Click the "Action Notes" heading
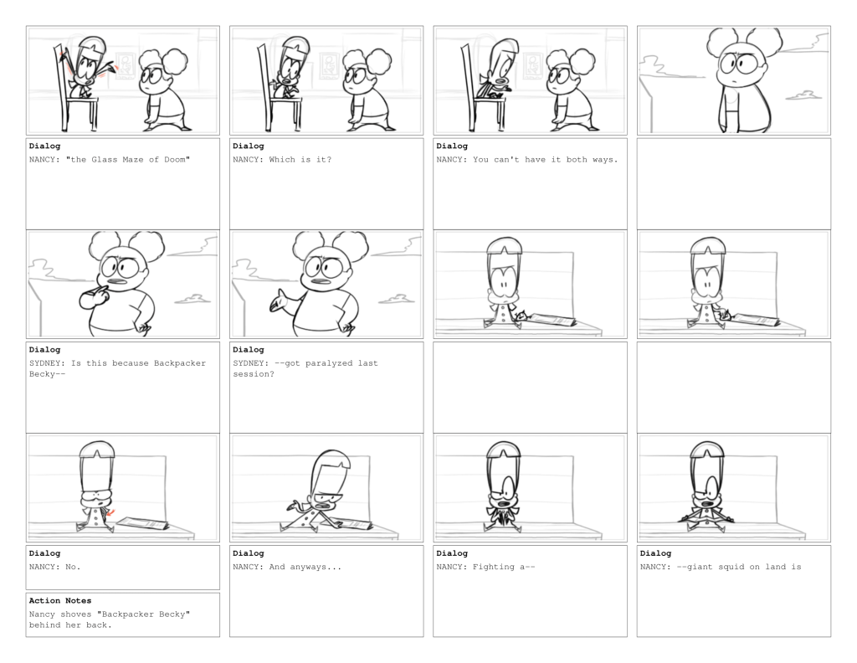tap(60, 600)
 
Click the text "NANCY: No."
tap(54, 567)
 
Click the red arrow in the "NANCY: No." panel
tap(111, 513)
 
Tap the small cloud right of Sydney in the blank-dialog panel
tap(803, 96)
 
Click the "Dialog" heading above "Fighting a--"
tap(452, 553)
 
